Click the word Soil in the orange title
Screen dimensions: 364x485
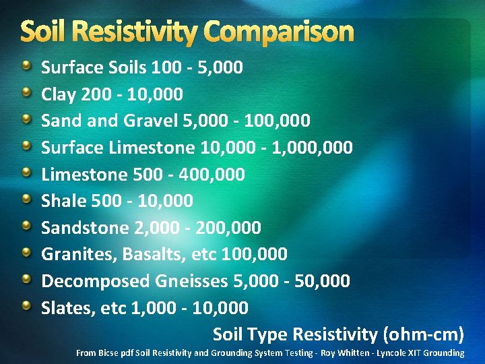[x=42, y=32]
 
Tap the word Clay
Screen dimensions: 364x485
[x=59, y=94]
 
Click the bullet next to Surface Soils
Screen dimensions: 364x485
[x=26, y=66]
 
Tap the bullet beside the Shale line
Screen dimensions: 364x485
[x=26, y=200]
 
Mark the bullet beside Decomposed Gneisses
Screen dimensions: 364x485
[x=26, y=280]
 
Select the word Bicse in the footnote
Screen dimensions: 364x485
[x=108, y=353]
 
